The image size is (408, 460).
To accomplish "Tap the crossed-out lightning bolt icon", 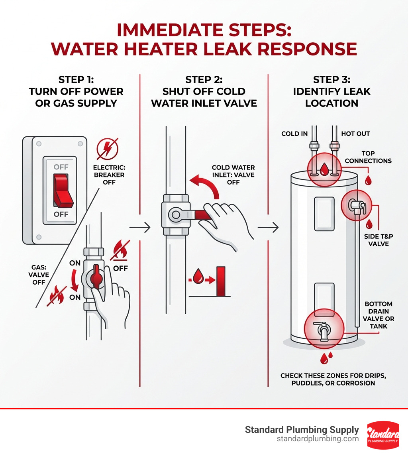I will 108,149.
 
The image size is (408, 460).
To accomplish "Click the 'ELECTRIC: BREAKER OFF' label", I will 109,175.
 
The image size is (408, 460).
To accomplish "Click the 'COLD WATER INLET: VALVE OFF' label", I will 233,175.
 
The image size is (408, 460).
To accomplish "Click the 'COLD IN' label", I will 294,134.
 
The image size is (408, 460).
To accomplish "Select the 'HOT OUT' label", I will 355,134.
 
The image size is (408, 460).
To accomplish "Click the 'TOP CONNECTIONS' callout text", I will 368,157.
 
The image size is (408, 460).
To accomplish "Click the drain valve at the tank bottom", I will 323,328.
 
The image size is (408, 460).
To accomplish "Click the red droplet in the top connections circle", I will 325,169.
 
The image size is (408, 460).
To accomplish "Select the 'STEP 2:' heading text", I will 204,79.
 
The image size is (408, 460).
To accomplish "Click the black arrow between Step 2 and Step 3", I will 268,228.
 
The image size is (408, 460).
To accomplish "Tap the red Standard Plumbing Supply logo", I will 382,435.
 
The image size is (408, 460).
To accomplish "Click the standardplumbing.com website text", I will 318,439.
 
